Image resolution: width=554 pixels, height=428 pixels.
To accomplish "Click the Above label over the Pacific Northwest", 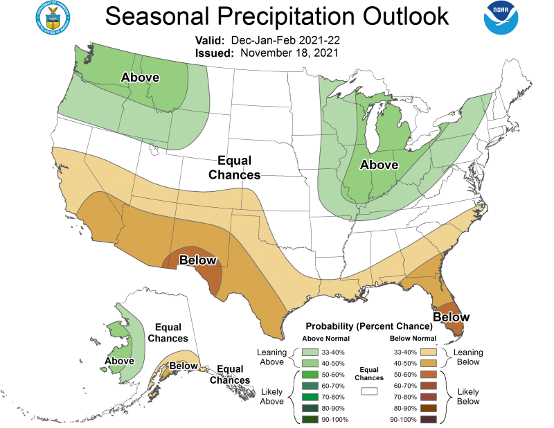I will click(141, 77).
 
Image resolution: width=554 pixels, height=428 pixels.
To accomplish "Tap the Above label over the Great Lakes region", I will click(379, 165).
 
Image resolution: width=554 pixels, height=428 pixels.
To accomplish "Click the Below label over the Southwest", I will click(198, 260).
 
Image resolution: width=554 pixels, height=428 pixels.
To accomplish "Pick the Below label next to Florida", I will click(452, 317).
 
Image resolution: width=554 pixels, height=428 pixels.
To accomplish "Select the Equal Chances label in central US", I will click(234, 167).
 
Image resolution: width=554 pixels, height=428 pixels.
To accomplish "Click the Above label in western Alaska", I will click(119, 361).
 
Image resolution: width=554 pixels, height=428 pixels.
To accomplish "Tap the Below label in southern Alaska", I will click(184, 366).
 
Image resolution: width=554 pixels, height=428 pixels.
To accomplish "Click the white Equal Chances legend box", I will click(368, 391).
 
